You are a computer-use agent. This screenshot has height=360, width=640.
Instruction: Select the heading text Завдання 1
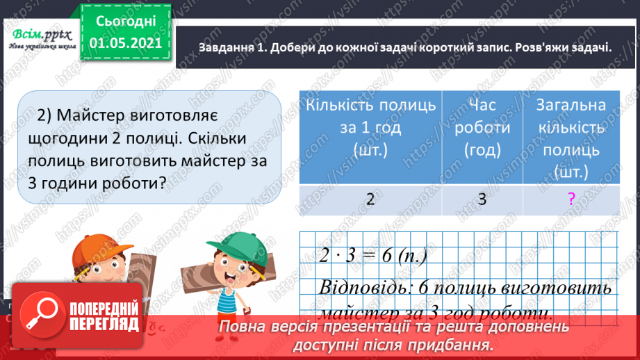(231, 48)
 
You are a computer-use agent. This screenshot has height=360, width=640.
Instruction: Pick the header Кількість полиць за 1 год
(371, 128)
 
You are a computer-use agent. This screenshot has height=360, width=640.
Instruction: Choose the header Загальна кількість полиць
(571, 137)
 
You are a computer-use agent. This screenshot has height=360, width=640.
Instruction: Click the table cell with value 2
(371, 199)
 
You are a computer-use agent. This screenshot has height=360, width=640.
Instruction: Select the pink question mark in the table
(571, 200)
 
